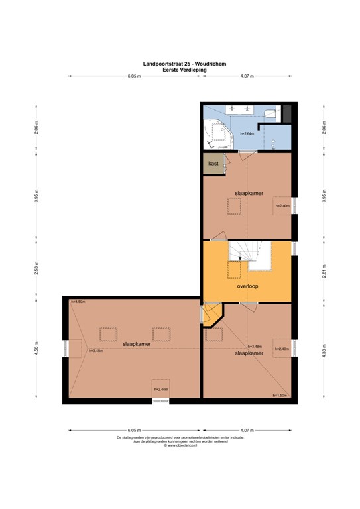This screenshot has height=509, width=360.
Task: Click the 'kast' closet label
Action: [213, 163]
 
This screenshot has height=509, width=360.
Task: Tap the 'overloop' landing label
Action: [247, 287]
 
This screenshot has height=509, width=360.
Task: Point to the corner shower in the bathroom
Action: [213, 133]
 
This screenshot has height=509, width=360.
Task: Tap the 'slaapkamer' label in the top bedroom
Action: [248, 194]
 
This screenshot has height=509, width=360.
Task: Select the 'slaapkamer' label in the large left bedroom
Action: [135, 344]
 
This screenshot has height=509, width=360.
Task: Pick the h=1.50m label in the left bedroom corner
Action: [78, 302]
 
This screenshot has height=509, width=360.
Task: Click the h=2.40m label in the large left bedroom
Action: [160, 390]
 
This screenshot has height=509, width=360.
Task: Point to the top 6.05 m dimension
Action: [133, 76]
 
